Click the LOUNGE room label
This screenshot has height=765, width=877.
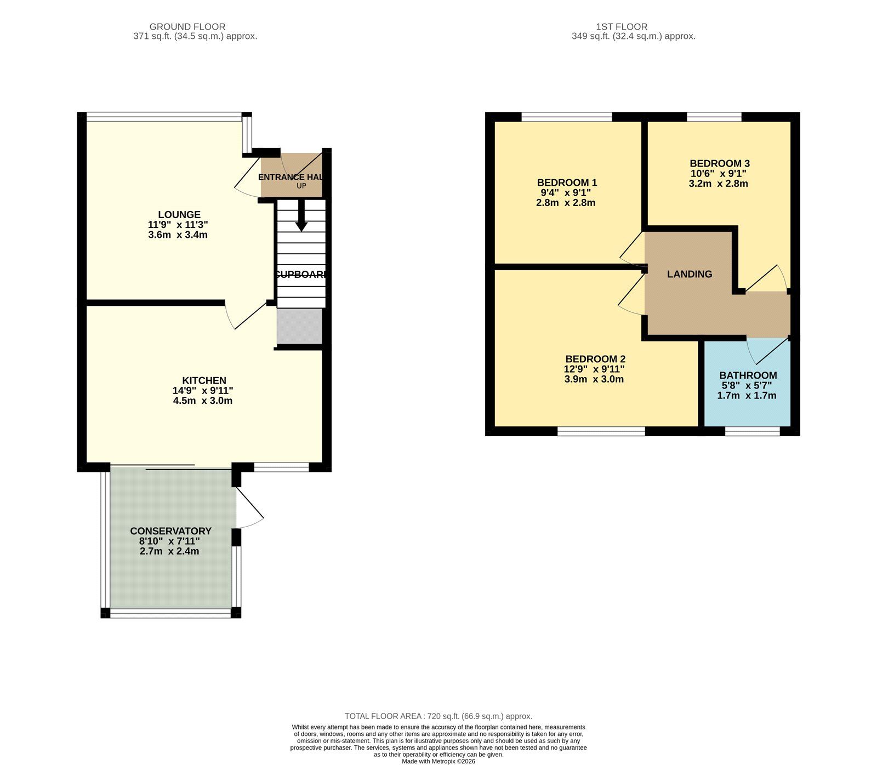179,215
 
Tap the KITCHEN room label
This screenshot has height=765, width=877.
204,380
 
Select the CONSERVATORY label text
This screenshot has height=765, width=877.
170,531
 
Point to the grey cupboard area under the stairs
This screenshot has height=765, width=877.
299,327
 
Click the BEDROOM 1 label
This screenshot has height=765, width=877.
567,182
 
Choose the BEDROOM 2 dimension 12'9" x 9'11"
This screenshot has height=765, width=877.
594,369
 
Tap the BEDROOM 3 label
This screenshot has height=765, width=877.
719,163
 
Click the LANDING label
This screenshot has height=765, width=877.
690,274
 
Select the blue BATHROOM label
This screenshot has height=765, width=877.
748,375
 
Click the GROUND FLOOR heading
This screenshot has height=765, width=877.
187,26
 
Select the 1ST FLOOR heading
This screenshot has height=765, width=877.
622,26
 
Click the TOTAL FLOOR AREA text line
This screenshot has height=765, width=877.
438,716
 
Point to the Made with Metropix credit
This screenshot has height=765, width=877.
438,761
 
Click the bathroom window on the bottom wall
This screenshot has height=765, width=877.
752,432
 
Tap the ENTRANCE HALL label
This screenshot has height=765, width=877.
291,177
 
